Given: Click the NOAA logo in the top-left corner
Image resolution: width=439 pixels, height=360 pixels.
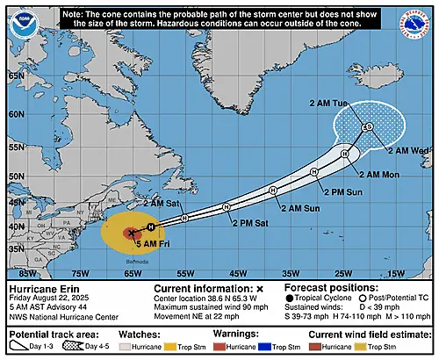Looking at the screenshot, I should point(18,25).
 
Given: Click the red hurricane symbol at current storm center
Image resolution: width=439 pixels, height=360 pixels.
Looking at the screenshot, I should point(131,233).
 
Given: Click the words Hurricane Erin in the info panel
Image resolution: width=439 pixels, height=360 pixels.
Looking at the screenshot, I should point(39,288).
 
